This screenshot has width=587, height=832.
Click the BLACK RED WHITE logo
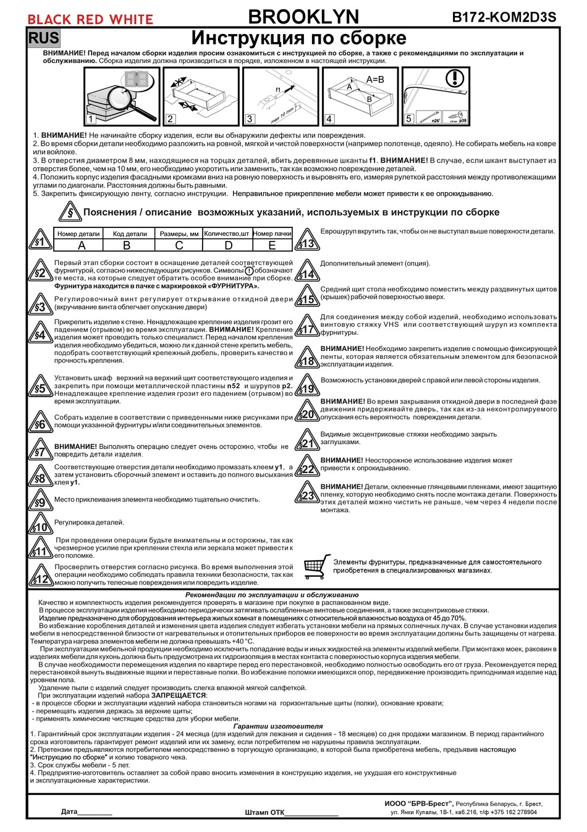tap(90, 19)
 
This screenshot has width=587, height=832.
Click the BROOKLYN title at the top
tap(303, 16)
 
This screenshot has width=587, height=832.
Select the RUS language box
tap(44, 38)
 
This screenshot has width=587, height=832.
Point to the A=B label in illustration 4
tap(375, 80)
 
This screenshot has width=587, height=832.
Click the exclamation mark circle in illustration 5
tap(454, 78)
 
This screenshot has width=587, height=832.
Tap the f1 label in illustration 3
tap(278, 90)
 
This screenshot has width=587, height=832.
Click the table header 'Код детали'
tap(130, 234)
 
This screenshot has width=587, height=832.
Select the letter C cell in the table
tap(179, 245)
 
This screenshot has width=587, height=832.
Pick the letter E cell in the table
tap(272, 245)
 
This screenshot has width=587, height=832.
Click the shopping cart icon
tap(317, 566)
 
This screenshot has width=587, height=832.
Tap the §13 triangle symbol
tap(307, 241)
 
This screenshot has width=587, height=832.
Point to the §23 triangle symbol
tap(307, 494)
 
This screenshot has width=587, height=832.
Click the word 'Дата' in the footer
tap(69, 812)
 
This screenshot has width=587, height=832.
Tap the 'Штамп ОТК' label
tap(264, 812)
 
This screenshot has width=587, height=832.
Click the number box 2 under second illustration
tap(171, 119)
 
